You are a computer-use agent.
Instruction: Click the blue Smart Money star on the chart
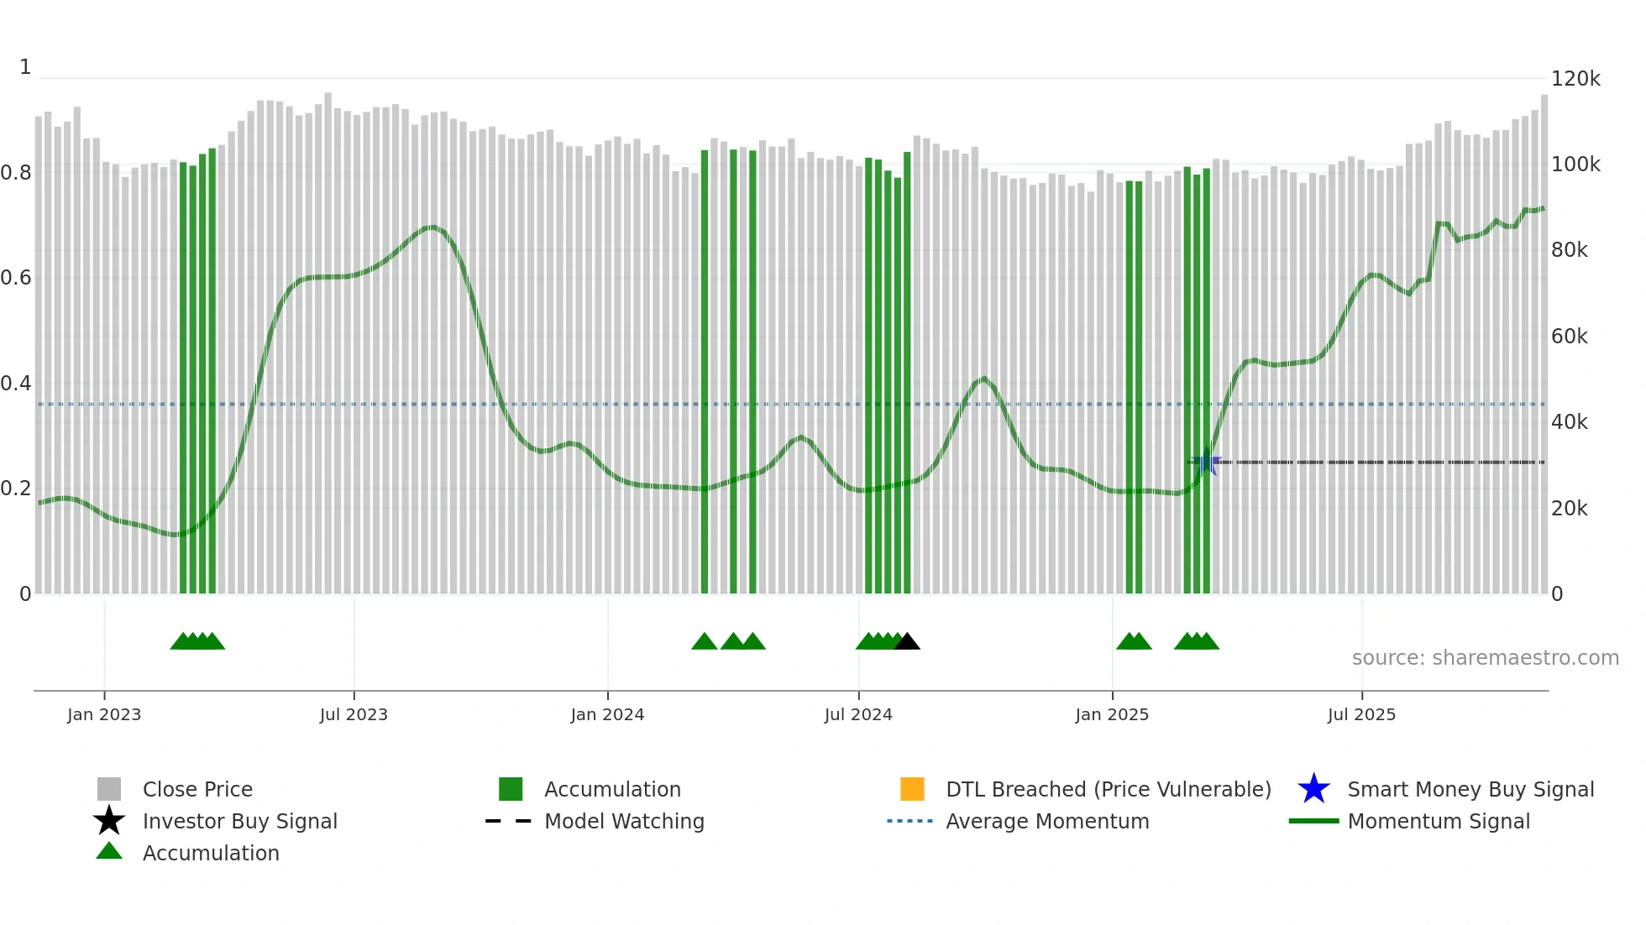1208,462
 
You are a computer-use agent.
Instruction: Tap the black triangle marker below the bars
907,642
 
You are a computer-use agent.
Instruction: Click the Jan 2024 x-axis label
607,714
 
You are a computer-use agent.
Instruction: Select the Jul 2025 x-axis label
1361,714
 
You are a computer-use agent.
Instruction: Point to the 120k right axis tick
1575,79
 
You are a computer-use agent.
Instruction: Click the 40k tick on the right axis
1569,422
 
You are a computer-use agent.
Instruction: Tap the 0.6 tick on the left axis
16,278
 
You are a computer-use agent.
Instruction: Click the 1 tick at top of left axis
25,67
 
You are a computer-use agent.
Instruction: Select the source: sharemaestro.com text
1485,658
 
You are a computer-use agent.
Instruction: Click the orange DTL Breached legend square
912,789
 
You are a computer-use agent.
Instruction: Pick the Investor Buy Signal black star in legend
109,821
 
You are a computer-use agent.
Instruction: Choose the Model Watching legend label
624,821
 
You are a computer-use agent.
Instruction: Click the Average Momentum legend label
1047,821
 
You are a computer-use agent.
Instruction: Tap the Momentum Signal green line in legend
1313,821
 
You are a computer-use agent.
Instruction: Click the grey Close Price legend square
109,789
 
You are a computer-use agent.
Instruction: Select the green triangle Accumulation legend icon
109,851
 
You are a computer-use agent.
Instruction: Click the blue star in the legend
1313,789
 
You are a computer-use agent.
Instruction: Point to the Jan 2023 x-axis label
104,714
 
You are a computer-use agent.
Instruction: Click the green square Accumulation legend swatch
511,789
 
